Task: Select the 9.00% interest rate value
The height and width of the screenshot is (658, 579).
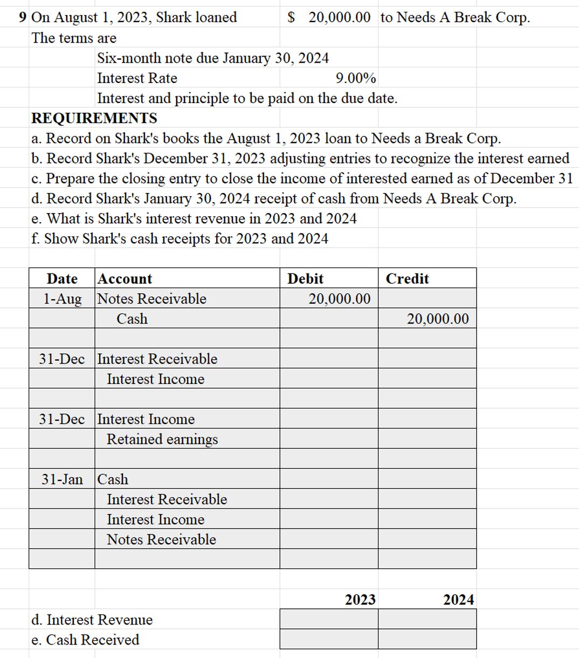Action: pos(356,79)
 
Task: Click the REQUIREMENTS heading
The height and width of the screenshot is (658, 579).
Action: pos(94,118)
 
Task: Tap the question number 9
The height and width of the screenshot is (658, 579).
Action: pos(23,17)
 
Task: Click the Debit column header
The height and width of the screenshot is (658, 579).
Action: pos(305,278)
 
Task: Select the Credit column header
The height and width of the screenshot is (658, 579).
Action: pos(407,278)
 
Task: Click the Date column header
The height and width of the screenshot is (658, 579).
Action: pos(62,278)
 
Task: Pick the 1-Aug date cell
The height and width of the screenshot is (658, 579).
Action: pos(63,299)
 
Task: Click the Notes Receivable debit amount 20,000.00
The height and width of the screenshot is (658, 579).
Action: pos(339,299)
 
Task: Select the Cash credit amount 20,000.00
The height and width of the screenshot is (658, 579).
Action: pos(438,319)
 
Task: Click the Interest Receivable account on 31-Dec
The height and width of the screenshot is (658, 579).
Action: pos(157,359)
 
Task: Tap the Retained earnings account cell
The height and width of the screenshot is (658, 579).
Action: pos(162,439)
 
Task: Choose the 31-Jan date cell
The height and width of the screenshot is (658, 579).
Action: pos(63,479)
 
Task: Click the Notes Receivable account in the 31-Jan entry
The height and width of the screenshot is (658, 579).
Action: pos(161,539)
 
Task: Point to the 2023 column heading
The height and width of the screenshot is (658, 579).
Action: pos(360,600)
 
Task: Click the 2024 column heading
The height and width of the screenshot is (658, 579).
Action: pos(458,600)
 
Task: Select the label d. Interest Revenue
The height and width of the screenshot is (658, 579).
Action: pos(92,620)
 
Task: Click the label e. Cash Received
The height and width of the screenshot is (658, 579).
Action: pos(85,640)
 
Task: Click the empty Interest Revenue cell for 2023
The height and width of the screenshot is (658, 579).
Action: pos(329,619)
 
